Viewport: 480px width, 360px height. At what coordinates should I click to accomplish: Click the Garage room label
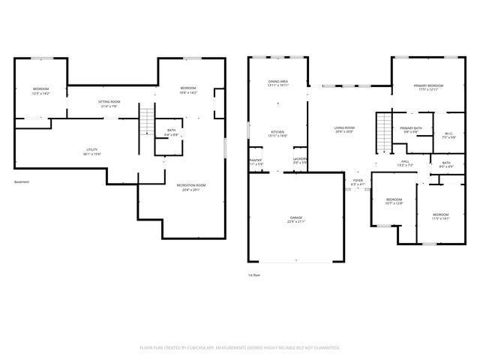296,220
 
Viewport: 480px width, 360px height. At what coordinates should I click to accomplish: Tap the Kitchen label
277,133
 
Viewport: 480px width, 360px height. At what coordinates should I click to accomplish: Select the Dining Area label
278,83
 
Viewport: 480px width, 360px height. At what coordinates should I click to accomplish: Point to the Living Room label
344,130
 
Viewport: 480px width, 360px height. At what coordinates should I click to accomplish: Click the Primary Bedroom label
429,88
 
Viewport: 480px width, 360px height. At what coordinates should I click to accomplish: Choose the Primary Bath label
410,130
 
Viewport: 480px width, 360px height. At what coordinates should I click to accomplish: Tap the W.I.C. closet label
448,136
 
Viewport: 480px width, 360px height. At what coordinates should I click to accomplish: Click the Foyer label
358,182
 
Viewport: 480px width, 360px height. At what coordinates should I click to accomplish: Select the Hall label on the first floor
404,163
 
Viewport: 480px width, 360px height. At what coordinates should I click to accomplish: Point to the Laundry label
300,161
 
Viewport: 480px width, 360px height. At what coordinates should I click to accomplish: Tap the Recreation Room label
190,187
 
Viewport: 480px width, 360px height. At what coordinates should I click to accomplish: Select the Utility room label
91,152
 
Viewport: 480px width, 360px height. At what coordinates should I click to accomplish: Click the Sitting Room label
109,103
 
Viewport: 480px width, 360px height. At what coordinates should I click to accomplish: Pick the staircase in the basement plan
147,120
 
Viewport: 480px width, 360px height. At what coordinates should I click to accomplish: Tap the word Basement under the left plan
22,181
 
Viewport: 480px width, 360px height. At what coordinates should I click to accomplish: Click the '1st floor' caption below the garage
253,274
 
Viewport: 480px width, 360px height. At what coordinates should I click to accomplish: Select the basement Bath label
172,133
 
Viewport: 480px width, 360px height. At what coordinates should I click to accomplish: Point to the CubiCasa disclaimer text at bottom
240,347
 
